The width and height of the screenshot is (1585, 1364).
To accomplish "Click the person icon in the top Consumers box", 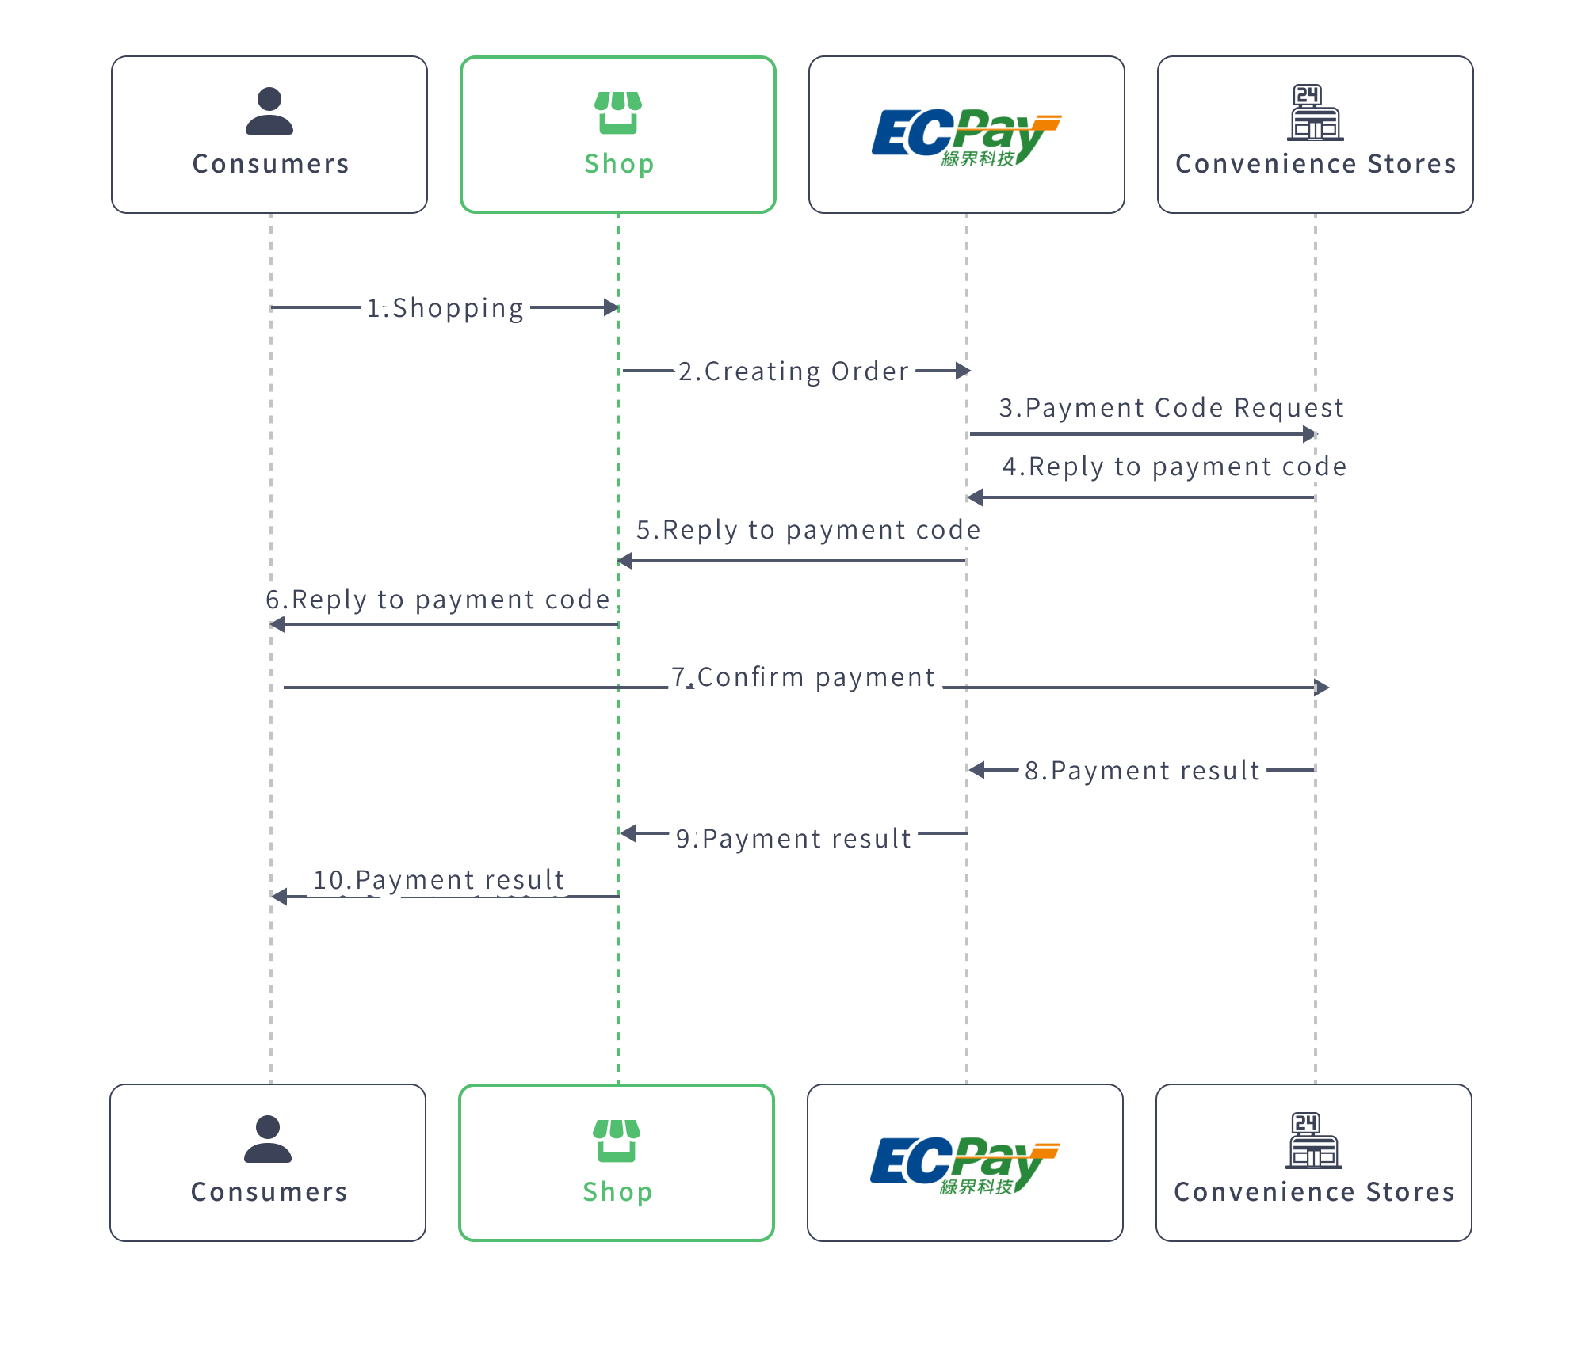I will tap(269, 111).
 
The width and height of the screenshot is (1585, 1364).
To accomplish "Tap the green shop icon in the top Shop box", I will tap(618, 112).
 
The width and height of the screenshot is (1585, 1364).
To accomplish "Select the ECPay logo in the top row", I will tap(966, 136).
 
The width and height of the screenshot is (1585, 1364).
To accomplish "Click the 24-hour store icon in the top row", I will tap(1315, 112).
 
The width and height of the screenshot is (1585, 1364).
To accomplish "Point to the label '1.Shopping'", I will tap(445, 308).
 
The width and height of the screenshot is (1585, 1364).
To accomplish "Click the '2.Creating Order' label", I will tap(794, 371).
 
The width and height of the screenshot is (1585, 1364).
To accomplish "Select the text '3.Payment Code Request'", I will tap(1171, 408).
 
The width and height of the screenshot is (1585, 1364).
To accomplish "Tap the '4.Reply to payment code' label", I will tap(1174, 467).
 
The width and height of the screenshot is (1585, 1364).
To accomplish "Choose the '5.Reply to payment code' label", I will tap(808, 530).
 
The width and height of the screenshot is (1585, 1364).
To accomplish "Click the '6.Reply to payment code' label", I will tap(437, 600).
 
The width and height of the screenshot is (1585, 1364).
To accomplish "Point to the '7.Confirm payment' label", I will tap(804, 677).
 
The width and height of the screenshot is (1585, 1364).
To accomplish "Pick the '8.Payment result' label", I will tap(1142, 771).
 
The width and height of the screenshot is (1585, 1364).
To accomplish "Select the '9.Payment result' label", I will tap(793, 839).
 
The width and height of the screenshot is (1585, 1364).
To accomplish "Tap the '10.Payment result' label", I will tap(438, 880).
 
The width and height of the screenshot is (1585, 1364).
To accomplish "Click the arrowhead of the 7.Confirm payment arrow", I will tap(1321, 688).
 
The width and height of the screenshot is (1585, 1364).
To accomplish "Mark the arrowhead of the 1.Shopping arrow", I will tap(611, 307).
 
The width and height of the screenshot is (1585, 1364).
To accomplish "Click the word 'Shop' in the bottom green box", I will tap(617, 1192).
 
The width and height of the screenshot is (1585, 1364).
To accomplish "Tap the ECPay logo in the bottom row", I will tap(964, 1164).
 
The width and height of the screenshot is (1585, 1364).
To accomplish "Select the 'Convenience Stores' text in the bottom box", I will tap(1314, 1192).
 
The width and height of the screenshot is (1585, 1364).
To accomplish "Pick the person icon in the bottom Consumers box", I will tap(268, 1139).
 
